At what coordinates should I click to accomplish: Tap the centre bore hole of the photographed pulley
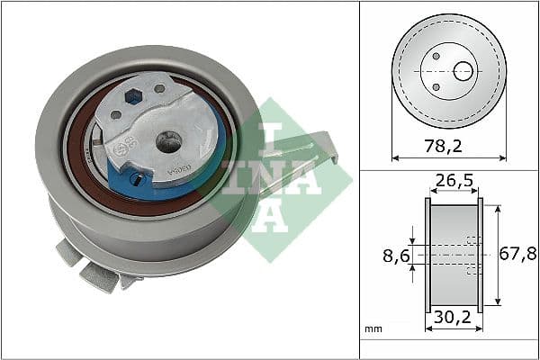click(x=166, y=140)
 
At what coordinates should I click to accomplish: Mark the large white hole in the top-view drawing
click(x=463, y=71)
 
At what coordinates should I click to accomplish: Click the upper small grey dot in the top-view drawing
click(x=436, y=56)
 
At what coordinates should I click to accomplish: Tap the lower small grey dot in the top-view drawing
click(x=436, y=86)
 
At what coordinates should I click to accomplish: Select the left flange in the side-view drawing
click(x=427, y=256)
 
